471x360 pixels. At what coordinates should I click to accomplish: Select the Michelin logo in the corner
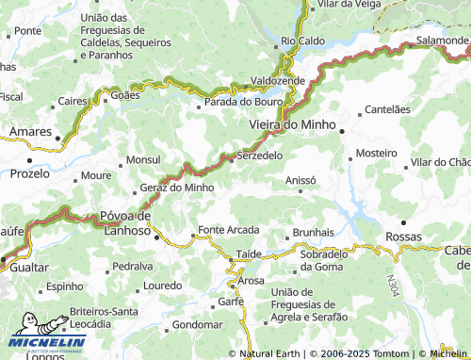click(x=49, y=342)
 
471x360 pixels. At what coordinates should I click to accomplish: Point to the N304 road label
click(x=389, y=284)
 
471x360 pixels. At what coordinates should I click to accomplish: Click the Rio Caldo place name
click(x=302, y=41)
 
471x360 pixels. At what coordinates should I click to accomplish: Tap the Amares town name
click(x=31, y=132)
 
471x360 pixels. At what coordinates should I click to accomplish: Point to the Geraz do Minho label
click(x=177, y=188)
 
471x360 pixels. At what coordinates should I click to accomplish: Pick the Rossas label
click(x=405, y=237)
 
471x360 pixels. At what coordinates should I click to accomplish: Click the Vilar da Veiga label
click(x=349, y=5)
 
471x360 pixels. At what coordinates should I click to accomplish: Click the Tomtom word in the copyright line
click(x=391, y=353)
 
